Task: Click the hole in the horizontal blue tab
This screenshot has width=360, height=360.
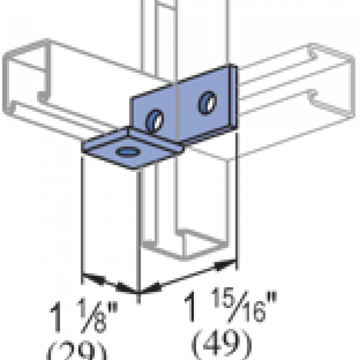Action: pyautogui.click(x=127, y=152)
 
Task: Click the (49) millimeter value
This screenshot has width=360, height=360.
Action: pyautogui.click(x=222, y=342)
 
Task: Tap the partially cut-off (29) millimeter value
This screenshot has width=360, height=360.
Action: pyautogui.click(x=77, y=352)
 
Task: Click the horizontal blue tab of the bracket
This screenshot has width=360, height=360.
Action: pyautogui.click(x=126, y=147)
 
